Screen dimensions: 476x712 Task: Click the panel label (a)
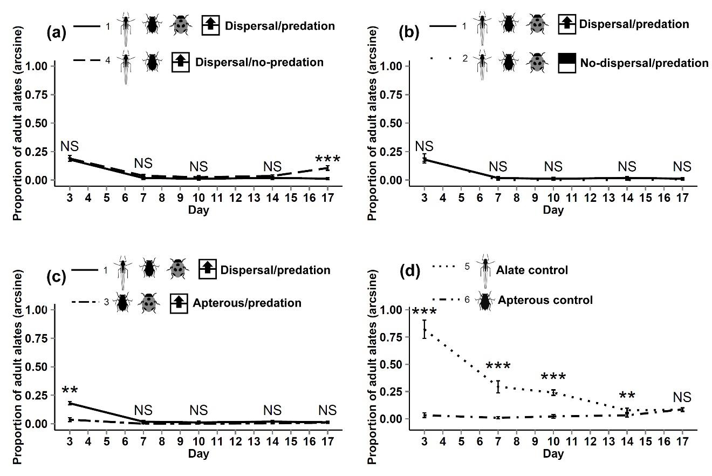pyautogui.click(x=56, y=33)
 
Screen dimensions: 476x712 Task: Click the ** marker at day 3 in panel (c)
pyautogui.click(x=70, y=390)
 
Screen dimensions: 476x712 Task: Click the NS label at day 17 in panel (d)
pyautogui.click(x=682, y=398)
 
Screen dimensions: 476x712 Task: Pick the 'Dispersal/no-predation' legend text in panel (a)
pyautogui.click(x=259, y=62)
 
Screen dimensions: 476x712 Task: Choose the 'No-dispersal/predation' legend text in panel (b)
pyautogui.click(x=644, y=63)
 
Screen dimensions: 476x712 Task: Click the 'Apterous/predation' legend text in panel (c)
pyautogui.click(x=247, y=303)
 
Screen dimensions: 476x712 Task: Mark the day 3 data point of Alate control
pyautogui.click(x=425, y=330)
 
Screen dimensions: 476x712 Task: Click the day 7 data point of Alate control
pyautogui.click(x=498, y=386)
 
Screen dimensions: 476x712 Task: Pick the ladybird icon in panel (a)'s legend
pyautogui.click(x=181, y=25)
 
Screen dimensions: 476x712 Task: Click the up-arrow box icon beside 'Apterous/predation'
pyautogui.click(x=178, y=302)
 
